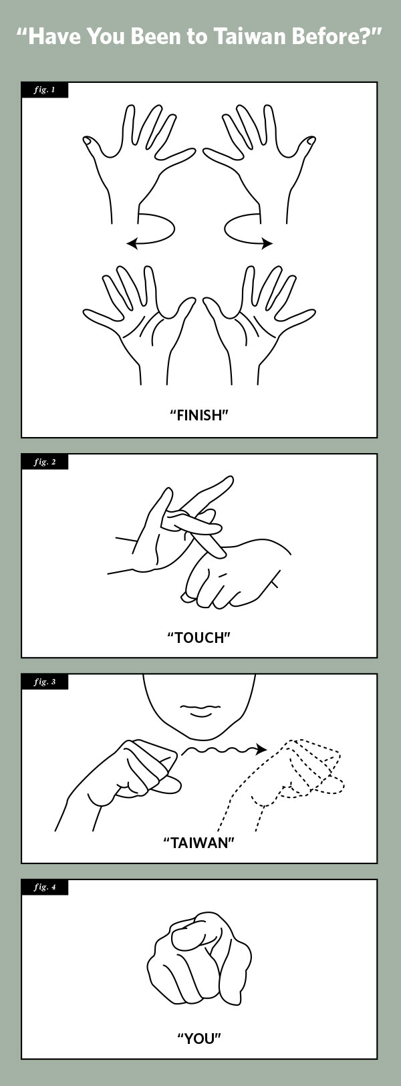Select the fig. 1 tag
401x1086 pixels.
(45, 90)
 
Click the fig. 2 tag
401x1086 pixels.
(45, 462)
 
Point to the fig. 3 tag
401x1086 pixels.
(45, 682)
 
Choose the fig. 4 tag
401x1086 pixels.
(45, 887)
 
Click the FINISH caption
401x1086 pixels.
(198, 415)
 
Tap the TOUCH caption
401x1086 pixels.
(198, 637)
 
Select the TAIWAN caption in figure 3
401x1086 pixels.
(198, 843)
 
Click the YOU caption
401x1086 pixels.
(198, 1038)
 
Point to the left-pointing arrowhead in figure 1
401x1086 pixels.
(132, 243)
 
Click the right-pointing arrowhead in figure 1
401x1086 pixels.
(267, 243)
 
